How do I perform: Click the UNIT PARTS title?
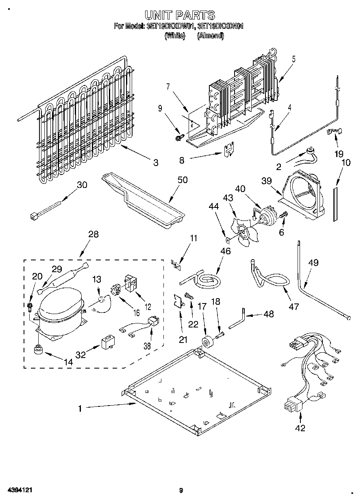pyautogui.click(x=180, y=15)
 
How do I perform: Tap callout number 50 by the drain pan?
pyautogui.click(x=183, y=179)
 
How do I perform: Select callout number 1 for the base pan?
pyautogui.click(x=80, y=408)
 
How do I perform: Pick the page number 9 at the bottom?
pyautogui.click(x=181, y=490)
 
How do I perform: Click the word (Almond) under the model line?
pyautogui.click(x=210, y=36)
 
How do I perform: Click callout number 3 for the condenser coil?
pyautogui.click(x=155, y=163)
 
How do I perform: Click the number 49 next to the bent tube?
pyautogui.click(x=313, y=263)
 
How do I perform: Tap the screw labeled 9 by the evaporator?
pyautogui.click(x=178, y=138)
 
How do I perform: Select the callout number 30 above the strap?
pyautogui.click(x=82, y=185)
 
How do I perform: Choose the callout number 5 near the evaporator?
pyautogui.click(x=294, y=59)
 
